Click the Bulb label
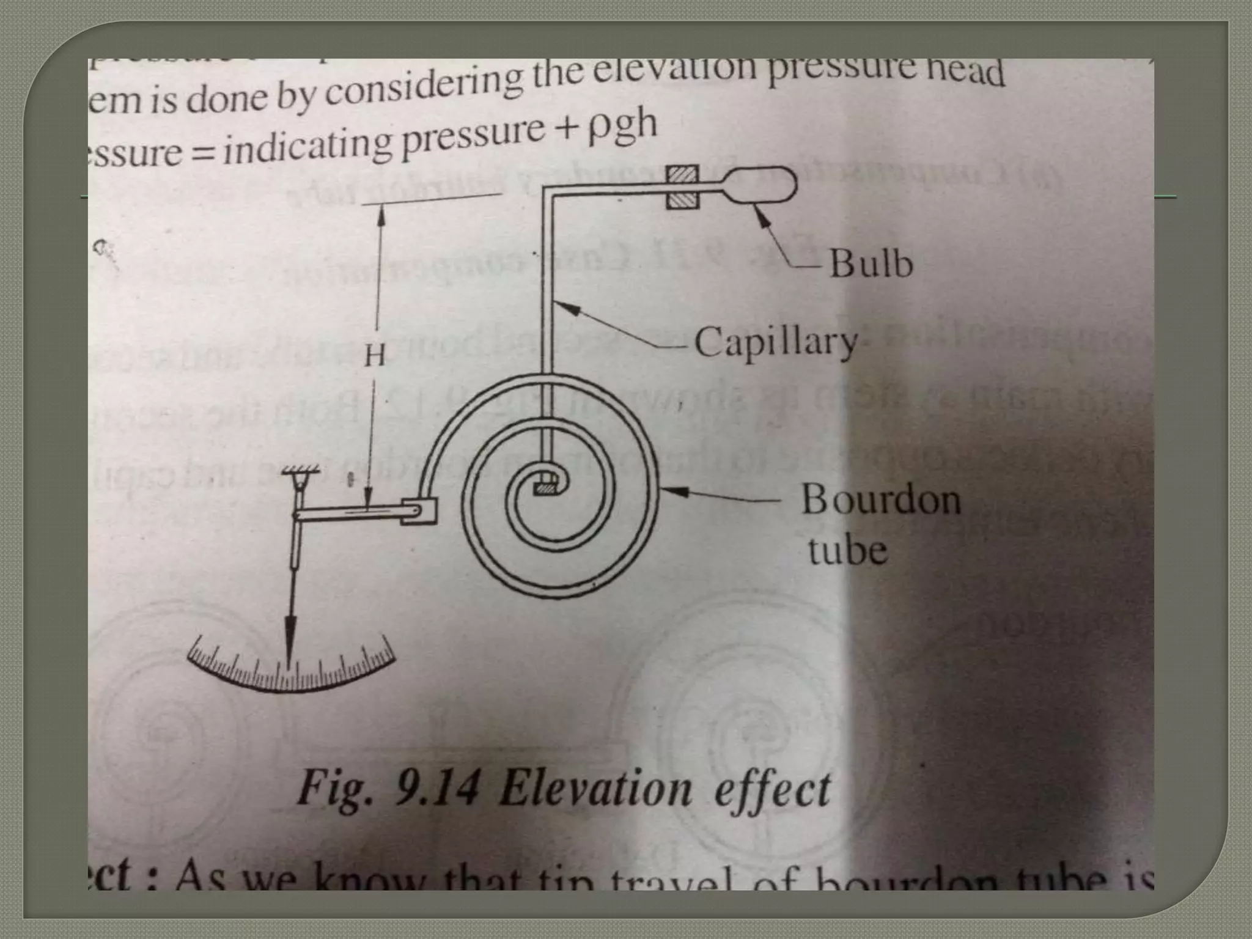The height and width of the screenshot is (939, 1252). click(x=871, y=264)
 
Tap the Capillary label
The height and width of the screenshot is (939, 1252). click(x=775, y=342)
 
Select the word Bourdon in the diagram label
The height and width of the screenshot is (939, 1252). click(x=880, y=499)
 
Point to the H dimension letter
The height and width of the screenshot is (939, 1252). click(x=374, y=354)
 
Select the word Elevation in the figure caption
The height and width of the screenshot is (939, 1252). click(x=595, y=790)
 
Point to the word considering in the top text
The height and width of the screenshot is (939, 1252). click(x=422, y=89)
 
